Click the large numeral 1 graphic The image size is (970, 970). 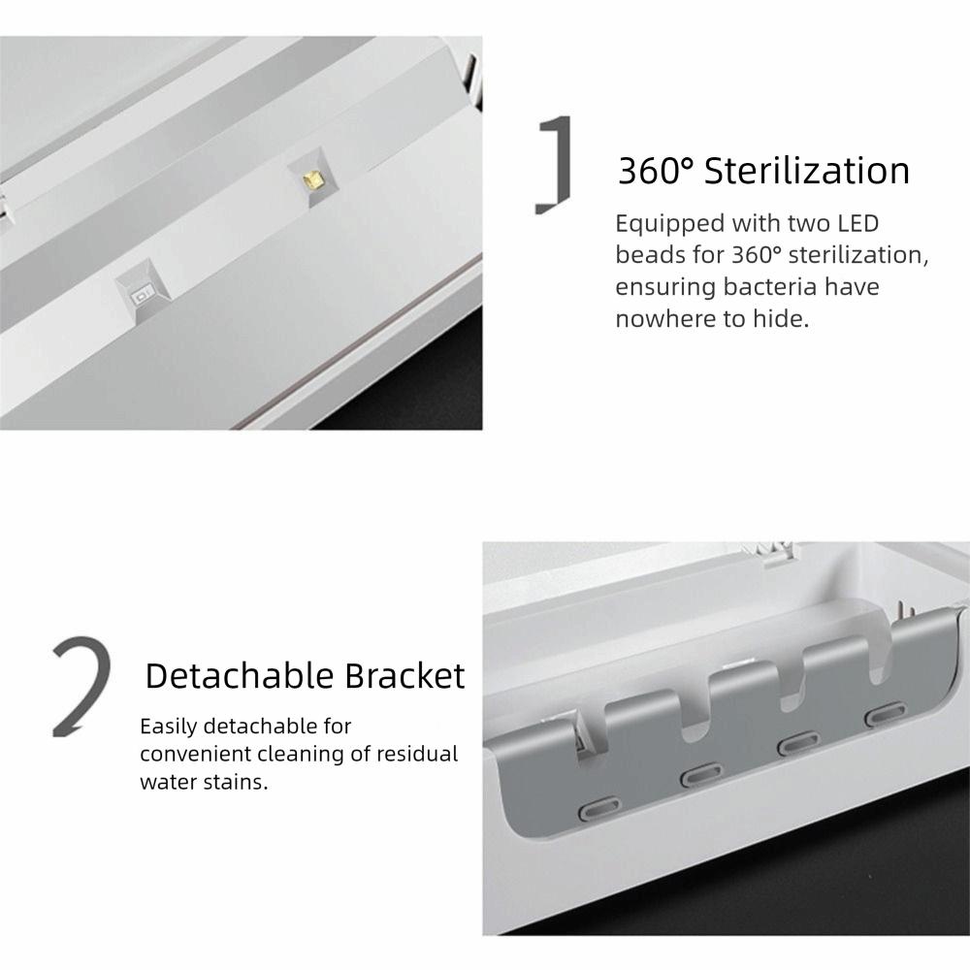point(555,165)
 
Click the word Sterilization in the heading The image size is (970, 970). point(807,171)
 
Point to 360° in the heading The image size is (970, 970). point(656,171)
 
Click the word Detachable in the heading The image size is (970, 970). point(239,676)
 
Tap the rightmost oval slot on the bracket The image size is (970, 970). point(883,716)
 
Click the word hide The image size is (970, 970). point(780,318)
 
